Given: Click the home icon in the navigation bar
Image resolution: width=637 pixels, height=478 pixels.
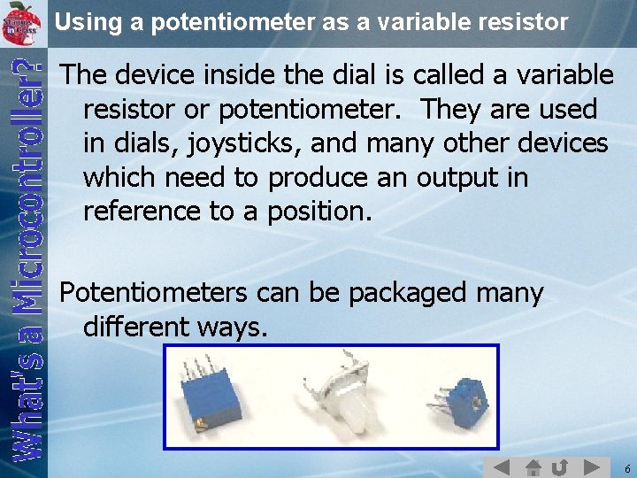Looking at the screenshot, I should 533,467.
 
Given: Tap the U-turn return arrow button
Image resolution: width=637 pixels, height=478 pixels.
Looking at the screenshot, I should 559,467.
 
